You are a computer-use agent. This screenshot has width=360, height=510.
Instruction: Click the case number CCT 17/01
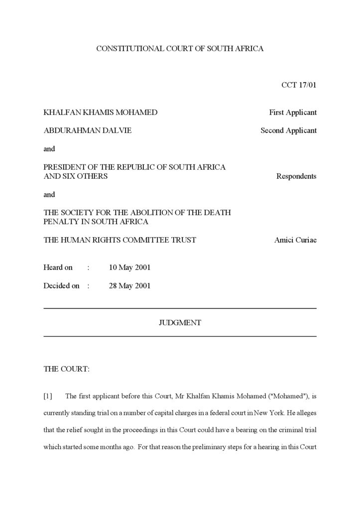point(299,85)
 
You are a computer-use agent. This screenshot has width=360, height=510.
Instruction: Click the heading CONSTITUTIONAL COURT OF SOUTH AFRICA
point(180,48)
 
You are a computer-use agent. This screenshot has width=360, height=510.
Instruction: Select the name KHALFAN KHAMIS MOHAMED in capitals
point(100,113)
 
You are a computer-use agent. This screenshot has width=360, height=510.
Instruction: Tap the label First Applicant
point(293,113)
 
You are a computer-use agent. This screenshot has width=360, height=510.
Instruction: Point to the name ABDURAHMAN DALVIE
point(88,130)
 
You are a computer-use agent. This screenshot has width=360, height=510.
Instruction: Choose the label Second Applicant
point(288,130)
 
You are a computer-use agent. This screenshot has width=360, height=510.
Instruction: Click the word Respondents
point(296,176)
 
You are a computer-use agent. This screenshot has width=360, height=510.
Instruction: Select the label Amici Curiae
point(295,240)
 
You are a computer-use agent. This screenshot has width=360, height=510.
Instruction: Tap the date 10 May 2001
point(129,267)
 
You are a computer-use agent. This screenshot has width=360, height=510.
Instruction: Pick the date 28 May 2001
point(129,286)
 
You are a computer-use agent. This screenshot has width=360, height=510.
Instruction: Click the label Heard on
point(58,267)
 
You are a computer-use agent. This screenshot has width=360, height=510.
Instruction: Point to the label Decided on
point(61,286)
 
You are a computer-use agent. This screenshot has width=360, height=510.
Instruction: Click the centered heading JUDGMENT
point(180,323)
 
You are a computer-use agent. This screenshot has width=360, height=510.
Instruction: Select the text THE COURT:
point(67,369)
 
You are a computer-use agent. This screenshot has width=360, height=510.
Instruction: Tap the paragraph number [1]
point(48,396)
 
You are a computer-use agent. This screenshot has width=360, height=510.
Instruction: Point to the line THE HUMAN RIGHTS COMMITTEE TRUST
point(120,240)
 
